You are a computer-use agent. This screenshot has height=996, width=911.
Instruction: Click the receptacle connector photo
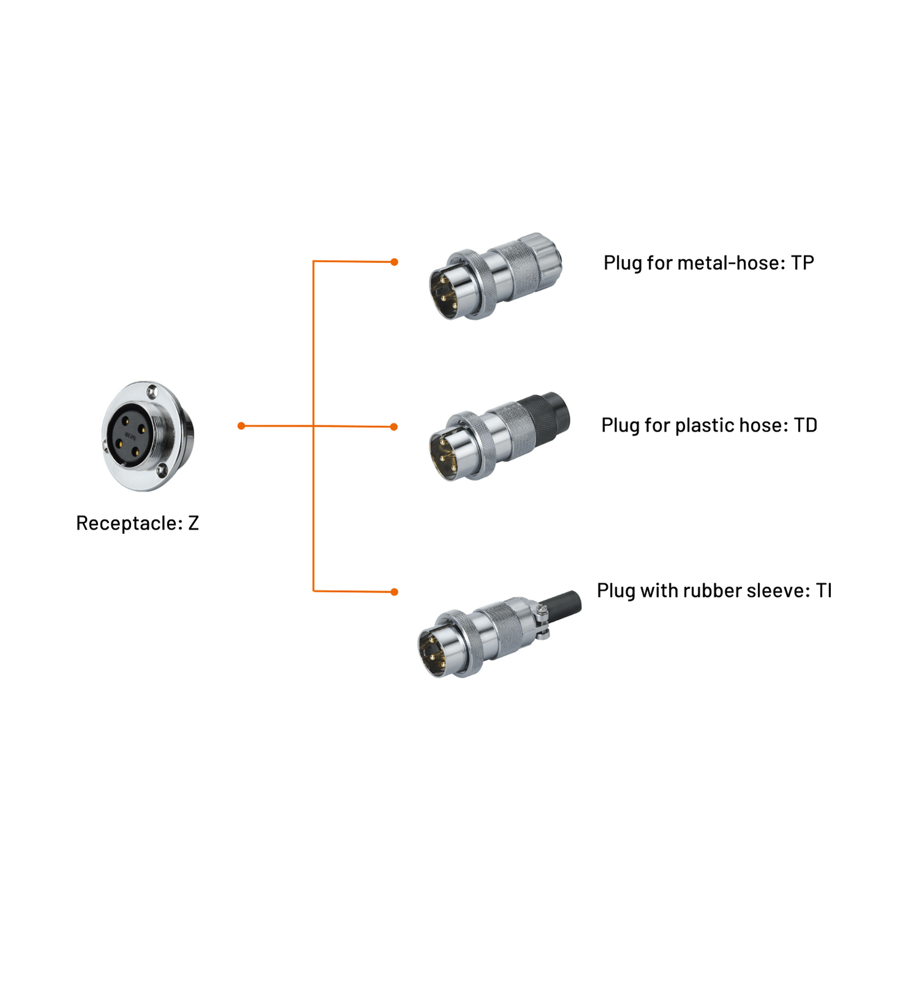pos(148,436)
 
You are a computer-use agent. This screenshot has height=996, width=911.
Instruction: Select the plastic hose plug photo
pos(499,436)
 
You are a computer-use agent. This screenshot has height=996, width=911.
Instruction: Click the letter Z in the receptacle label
pos(194,523)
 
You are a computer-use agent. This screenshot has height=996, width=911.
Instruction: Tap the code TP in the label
pos(802,263)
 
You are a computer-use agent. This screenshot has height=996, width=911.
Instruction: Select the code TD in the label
pos(805,425)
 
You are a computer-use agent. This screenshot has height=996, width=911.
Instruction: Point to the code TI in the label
pos(823,591)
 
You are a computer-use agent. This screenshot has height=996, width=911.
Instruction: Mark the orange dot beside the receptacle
pos(241,425)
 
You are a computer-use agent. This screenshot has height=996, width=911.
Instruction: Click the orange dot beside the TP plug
pos(395,262)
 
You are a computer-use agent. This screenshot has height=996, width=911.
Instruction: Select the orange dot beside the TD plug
pos(394,427)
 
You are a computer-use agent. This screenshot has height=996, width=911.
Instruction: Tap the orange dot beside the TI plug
pos(395,592)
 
